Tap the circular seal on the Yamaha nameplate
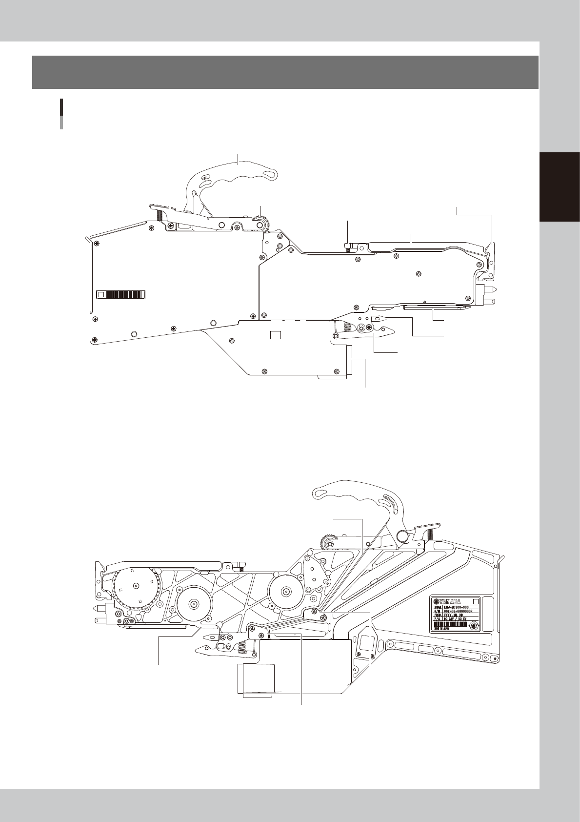point(472,626)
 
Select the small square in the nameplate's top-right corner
point(477,600)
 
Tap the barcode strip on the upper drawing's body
point(126,294)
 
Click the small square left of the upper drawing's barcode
point(101,294)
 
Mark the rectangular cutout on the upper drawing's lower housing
point(276,334)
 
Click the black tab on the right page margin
point(560,187)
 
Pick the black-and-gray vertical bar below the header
point(61,114)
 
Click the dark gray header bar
point(285,72)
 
